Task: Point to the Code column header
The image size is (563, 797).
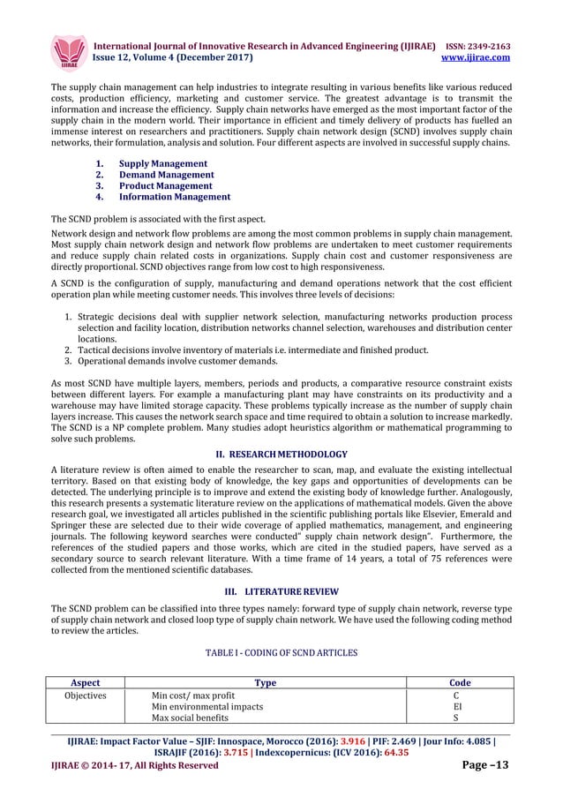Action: point(460,682)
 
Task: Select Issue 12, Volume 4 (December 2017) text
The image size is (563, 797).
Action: point(173,57)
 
